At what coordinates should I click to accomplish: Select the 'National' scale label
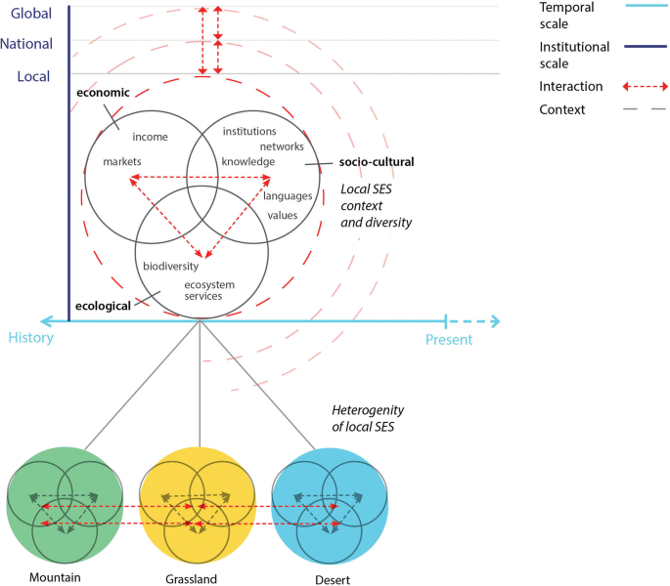pyautogui.click(x=27, y=44)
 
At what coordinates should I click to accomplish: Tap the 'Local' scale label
pyautogui.click(x=32, y=75)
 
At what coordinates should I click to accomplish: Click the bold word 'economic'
pyautogui.click(x=103, y=92)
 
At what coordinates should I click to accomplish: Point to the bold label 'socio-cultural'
pyautogui.click(x=377, y=161)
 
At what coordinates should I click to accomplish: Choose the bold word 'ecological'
pyautogui.click(x=104, y=305)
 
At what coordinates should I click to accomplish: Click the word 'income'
pyautogui.click(x=151, y=137)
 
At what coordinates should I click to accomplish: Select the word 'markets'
pyautogui.click(x=122, y=161)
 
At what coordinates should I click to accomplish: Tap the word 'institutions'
pyautogui.click(x=249, y=131)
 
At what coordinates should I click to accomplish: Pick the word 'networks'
pyautogui.click(x=282, y=146)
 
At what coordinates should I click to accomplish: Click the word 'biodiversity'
pyautogui.click(x=171, y=266)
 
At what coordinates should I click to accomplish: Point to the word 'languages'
pyautogui.click(x=288, y=195)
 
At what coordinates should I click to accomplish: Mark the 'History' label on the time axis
pyautogui.click(x=30, y=339)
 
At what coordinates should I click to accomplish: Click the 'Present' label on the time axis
pyautogui.click(x=449, y=340)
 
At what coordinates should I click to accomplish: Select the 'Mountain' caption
pyautogui.click(x=55, y=577)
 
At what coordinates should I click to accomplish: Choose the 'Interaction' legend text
pyautogui.click(x=571, y=86)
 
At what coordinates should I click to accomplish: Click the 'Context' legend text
pyautogui.click(x=562, y=109)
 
